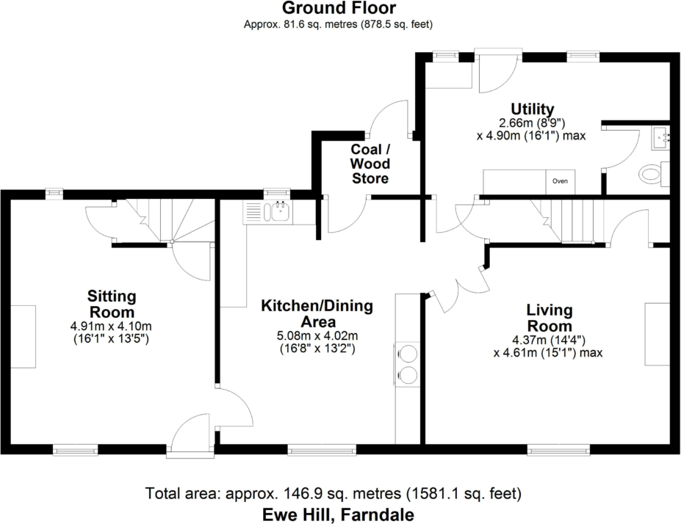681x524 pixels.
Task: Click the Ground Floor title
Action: point(339,9)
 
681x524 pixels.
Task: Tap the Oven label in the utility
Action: point(560,181)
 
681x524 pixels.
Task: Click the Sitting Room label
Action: point(112,304)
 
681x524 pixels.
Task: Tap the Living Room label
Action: point(550,318)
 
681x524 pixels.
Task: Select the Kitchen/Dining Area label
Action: point(317,313)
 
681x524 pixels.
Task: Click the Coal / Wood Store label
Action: point(370,164)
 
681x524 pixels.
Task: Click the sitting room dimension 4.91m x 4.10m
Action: point(112,327)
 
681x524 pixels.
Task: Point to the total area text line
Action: point(334,492)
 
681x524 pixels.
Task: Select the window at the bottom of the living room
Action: point(558,448)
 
